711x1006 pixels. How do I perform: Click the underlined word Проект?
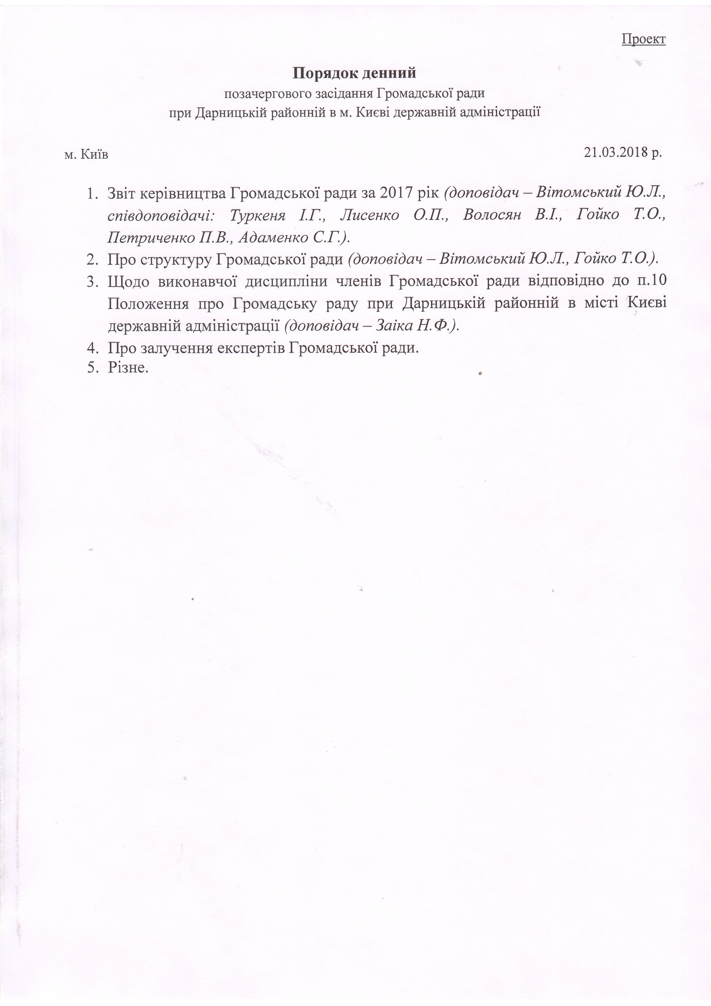pyautogui.click(x=643, y=39)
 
